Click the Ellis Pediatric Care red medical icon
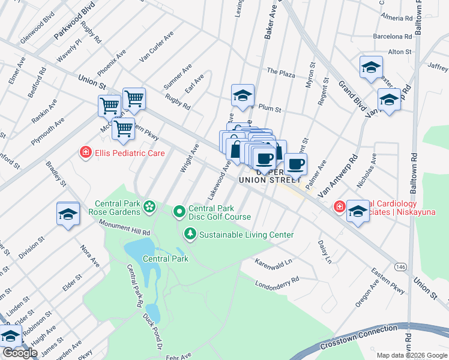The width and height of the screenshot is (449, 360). pyautogui.click(x=86, y=153)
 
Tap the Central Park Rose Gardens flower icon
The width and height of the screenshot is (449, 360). pyautogui.click(x=149, y=208)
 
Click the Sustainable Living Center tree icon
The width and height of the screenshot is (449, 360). pyautogui.click(x=191, y=234)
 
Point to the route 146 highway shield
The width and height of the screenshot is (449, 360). pyautogui.click(x=400, y=266)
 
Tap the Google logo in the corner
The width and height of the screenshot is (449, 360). pyautogui.click(x=20, y=353)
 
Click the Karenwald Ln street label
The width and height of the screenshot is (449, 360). pyautogui.click(x=273, y=262)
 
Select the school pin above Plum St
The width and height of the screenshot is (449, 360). pyautogui.click(x=243, y=95)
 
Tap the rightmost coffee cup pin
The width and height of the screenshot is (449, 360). pyautogui.click(x=295, y=164)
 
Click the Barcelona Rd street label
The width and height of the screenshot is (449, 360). pyautogui.click(x=393, y=36)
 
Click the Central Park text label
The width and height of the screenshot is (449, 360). pyautogui.click(x=166, y=259)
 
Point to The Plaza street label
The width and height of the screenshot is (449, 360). pyautogui.click(x=281, y=73)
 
